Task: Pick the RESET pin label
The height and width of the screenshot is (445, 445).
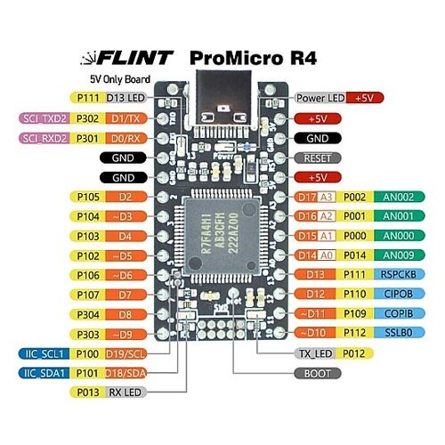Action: (318, 158)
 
